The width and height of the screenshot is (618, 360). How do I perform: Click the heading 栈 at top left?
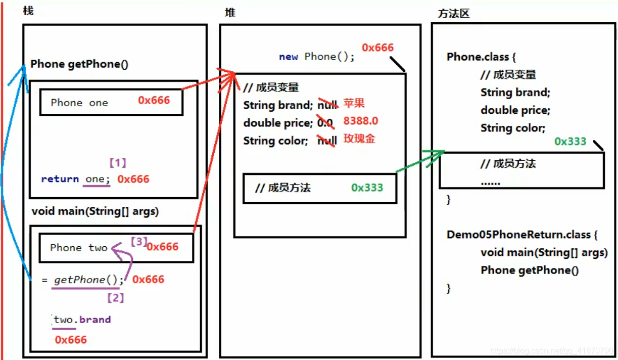[x=28, y=10]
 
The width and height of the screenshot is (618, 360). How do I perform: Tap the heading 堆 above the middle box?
[x=230, y=12]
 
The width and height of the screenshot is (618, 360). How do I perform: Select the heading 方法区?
[x=453, y=14]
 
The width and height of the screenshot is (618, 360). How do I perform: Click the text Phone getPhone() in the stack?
[x=79, y=64]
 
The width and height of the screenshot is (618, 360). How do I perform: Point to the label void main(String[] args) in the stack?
[x=95, y=211]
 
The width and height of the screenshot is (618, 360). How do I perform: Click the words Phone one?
[x=79, y=103]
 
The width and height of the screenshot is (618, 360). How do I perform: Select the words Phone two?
[x=79, y=248]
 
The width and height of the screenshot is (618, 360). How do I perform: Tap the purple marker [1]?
[x=117, y=163]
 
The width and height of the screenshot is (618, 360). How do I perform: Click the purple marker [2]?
[x=115, y=298]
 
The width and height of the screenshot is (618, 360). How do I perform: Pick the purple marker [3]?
[x=138, y=242]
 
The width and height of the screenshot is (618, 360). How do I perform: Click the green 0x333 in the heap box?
[x=367, y=188]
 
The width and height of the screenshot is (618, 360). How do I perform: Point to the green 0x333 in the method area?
[x=570, y=142]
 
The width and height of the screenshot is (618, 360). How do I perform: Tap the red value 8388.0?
[x=360, y=121]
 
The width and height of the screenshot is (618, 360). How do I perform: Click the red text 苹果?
[x=354, y=104]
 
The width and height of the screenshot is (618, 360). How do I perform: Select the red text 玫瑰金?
[x=359, y=139]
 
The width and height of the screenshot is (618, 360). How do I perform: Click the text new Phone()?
[x=317, y=57]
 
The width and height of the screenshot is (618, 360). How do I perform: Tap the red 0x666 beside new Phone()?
[x=377, y=48]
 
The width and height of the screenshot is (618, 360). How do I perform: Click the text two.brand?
[x=82, y=320]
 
